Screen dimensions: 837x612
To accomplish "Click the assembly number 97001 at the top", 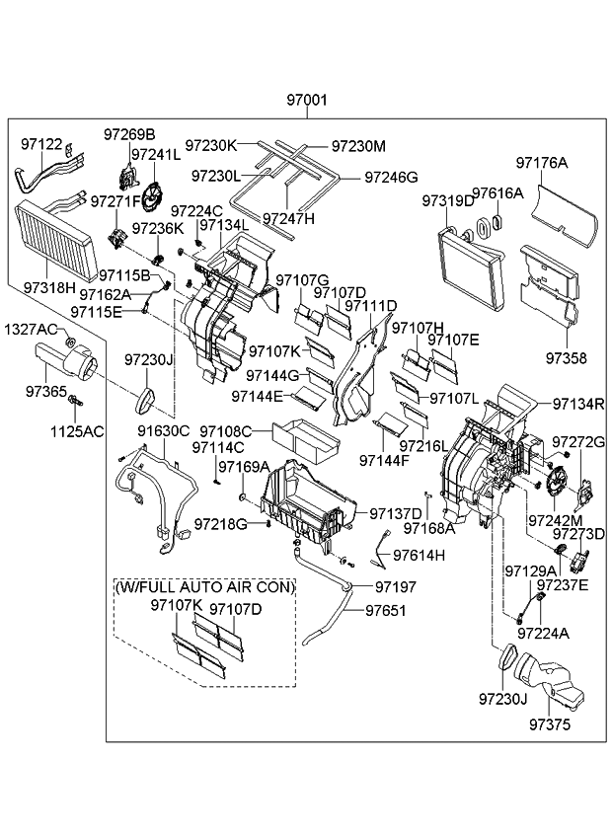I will [x=307, y=101].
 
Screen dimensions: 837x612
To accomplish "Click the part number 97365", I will [x=46, y=392].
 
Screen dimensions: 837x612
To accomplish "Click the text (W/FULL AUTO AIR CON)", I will [x=205, y=586].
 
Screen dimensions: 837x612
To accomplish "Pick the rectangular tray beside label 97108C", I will [x=303, y=435].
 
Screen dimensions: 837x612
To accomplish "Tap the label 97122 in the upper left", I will [x=41, y=144].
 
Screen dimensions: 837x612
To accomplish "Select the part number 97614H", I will [x=420, y=555].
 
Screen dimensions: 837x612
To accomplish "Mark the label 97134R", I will [x=577, y=404].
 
